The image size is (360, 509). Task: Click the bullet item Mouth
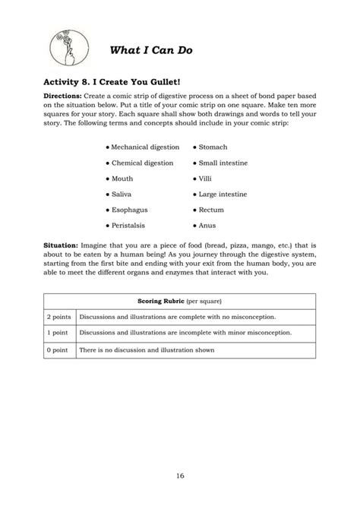[x=122, y=179]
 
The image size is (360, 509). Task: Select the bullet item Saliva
[x=122, y=194]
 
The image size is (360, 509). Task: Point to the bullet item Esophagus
[x=129, y=210]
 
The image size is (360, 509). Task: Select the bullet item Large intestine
[x=223, y=194]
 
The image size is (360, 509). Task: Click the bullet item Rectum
[x=211, y=210]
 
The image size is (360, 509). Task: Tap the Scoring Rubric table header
[x=179, y=301]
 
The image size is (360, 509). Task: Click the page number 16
[x=180, y=476]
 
